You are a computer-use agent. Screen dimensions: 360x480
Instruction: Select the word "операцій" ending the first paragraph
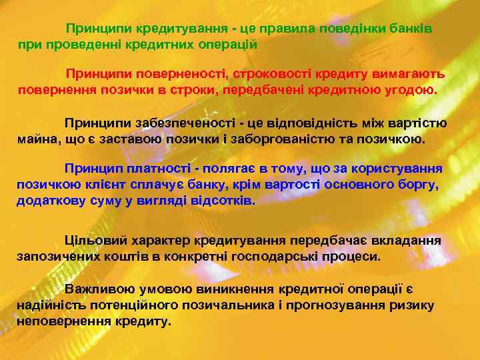coord(229,44)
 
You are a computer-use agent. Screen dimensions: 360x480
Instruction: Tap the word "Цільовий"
coord(92,239)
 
